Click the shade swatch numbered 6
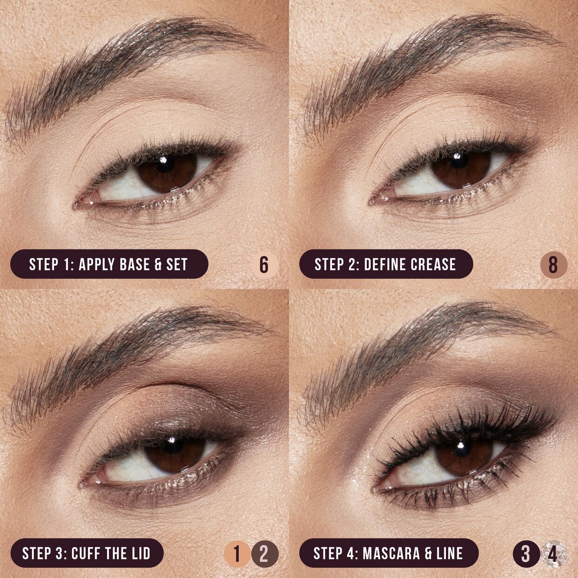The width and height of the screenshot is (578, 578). click(x=264, y=265)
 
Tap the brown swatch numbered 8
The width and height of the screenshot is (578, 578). click(x=553, y=265)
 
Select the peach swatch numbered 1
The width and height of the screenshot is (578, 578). click(x=237, y=554)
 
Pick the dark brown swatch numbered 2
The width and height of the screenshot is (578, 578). click(x=264, y=554)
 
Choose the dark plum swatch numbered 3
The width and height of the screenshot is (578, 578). click(x=526, y=554)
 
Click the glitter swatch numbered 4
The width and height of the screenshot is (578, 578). click(x=553, y=554)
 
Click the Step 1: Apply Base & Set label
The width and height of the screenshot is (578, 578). click(x=109, y=264)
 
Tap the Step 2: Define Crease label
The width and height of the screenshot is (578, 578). click(x=385, y=264)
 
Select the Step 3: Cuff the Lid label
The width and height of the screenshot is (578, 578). click(x=87, y=553)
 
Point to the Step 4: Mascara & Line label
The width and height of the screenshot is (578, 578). click(x=389, y=553)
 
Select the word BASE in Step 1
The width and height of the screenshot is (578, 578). click(x=134, y=264)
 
